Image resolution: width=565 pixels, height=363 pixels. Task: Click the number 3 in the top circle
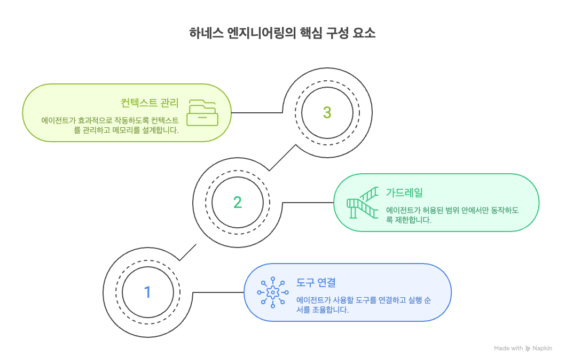(x=327, y=112)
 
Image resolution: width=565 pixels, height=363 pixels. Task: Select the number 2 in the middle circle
(x=238, y=202)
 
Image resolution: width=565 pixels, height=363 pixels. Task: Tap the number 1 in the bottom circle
(x=148, y=292)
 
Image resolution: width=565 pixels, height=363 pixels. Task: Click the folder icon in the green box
(x=203, y=112)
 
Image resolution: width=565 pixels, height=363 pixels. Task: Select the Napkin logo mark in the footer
(x=528, y=348)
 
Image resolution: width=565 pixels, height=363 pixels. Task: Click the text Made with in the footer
(x=508, y=348)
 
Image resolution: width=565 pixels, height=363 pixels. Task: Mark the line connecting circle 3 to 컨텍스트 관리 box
(x=256, y=112)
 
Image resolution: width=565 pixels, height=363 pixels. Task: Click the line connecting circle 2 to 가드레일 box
(x=307, y=202)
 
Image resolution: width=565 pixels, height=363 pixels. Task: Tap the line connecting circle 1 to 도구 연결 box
(x=218, y=292)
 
